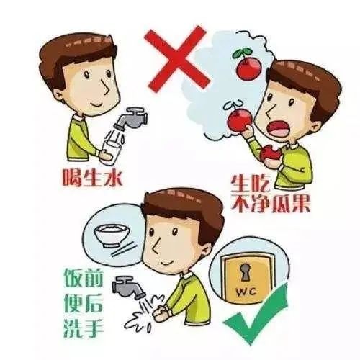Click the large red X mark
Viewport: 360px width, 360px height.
[177, 58]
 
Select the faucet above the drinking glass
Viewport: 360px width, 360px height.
[131, 118]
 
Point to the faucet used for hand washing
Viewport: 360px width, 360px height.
[127, 287]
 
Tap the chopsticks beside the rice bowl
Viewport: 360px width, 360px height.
[123, 248]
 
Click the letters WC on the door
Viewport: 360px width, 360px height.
[246, 292]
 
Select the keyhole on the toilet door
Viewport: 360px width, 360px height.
[245, 272]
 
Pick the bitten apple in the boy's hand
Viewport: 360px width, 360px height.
[270, 154]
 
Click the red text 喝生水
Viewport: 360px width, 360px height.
[93, 178]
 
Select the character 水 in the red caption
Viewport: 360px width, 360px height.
[113, 178]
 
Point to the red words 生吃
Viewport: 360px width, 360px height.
[247, 184]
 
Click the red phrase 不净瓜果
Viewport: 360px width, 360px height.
[271, 203]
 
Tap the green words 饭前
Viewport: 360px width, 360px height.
[84, 278]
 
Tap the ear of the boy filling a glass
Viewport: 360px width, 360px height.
[59, 95]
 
